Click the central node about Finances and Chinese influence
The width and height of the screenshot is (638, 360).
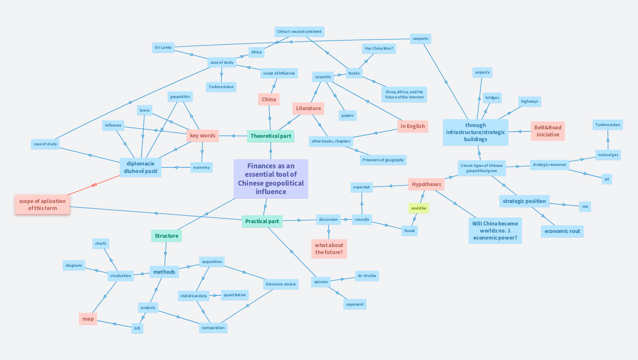271,179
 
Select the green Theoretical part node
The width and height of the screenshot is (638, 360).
271,136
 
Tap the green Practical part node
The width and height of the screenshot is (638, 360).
262,221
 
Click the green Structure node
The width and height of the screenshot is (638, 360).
167,236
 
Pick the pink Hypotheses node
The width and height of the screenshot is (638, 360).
426,184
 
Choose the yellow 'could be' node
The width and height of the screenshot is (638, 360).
418,208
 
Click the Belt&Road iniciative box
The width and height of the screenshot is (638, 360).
547,131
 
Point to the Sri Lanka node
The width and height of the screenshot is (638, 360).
163,47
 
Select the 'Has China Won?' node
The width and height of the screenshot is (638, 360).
379,48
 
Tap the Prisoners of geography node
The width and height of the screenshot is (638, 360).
383,160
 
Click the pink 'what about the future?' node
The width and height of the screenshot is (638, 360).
329,248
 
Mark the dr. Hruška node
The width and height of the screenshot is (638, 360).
366,276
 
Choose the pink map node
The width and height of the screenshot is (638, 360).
88,319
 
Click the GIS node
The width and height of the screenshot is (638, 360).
137,328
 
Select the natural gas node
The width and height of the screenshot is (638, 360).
608,155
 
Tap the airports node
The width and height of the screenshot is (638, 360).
482,72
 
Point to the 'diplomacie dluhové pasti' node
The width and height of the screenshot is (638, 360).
141,167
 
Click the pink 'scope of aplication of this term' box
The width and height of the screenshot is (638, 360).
42,204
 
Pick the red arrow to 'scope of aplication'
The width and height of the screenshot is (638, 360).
94,185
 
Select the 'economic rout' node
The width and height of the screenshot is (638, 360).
562,231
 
